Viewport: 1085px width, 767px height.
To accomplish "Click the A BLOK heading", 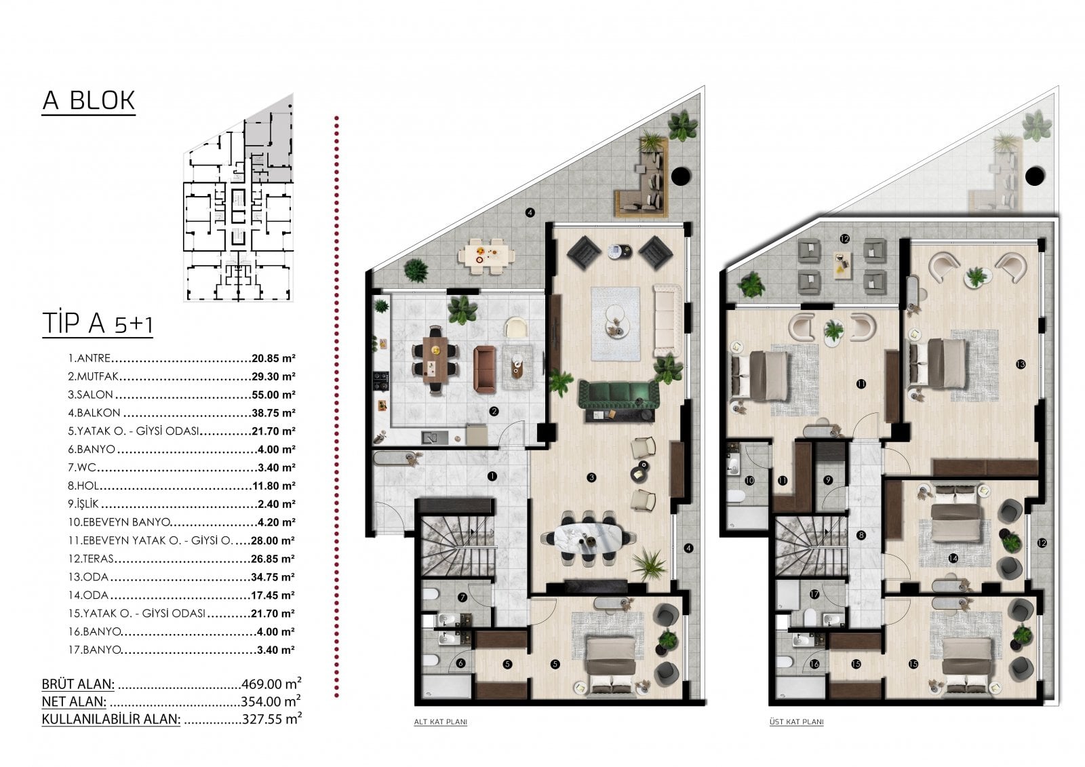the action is tap(89, 101).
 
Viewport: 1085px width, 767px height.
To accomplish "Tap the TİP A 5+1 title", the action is tap(98, 323).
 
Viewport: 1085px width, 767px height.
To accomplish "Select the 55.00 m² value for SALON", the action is tap(273, 395).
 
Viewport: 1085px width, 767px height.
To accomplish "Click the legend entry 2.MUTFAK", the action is tap(94, 376).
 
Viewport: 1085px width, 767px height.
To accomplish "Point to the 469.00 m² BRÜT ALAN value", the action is tap(271, 684).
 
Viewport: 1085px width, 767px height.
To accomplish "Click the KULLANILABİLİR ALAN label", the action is tap(111, 719).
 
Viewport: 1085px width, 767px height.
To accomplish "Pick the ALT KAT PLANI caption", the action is tap(440, 722).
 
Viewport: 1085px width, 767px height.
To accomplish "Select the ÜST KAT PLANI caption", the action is tap(796, 722).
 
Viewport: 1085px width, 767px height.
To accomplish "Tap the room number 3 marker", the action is tap(591, 477).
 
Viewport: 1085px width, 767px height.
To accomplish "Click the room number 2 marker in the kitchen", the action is tap(494, 412).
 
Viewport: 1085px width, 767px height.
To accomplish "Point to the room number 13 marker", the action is tap(1021, 364).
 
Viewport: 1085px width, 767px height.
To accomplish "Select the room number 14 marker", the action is tap(953, 558).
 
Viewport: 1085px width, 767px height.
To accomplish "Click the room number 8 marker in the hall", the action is tap(861, 535).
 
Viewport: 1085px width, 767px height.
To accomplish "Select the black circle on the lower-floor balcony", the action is tap(681, 176).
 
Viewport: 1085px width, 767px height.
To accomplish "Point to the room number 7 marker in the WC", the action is tap(462, 597).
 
